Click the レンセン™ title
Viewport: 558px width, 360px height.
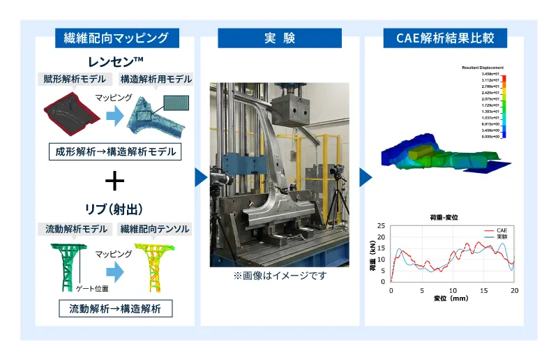tap(115, 61)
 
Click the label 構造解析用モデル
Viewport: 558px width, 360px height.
tap(156, 80)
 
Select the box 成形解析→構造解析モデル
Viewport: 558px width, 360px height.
tap(115, 151)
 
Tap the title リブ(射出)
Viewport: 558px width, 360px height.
tap(115, 210)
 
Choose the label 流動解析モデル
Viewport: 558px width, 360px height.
tap(77, 229)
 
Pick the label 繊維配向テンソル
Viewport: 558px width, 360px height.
tap(155, 229)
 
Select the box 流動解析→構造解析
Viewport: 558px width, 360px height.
tap(115, 307)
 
